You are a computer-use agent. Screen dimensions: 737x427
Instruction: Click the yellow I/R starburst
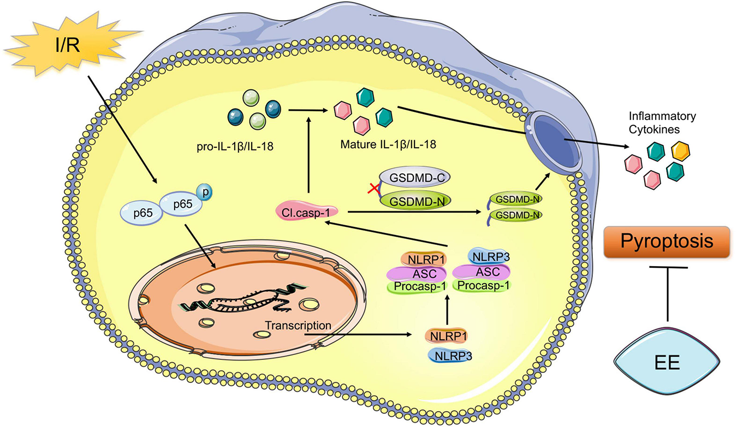(71, 44)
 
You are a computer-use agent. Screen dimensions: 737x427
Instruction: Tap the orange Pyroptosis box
(667, 242)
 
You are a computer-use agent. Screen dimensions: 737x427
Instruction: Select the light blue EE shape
(667, 362)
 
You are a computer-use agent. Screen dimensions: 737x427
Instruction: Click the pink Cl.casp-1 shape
(307, 213)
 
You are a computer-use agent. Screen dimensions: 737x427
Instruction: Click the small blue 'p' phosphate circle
(204, 192)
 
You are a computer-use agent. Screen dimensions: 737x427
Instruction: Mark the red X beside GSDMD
(374, 189)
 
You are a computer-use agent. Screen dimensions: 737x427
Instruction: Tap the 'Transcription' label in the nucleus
(298, 326)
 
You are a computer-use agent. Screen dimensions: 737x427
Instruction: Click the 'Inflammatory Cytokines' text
(662, 123)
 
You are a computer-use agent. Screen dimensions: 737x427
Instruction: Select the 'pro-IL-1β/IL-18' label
(235, 146)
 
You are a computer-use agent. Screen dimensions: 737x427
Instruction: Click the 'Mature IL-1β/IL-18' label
(388, 145)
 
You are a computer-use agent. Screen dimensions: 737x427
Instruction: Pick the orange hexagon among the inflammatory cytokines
(681, 151)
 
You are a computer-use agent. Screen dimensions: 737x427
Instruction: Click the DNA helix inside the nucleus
(243, 299)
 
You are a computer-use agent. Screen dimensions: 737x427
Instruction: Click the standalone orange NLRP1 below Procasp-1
(446, 336)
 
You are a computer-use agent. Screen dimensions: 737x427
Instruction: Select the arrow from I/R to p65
(122, 129)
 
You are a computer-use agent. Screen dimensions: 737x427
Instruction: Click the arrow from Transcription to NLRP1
(358, 335)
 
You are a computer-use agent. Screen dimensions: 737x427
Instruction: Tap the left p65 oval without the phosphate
(142, 213)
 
